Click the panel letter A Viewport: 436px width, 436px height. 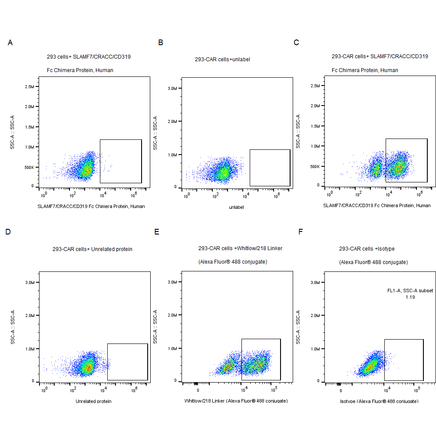(10, 43)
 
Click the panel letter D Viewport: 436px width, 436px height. (8, 232)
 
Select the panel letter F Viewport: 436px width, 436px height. (301, 232)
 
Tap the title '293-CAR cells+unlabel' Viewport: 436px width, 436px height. (222, 59)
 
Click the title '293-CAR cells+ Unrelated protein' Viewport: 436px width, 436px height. (92, 249)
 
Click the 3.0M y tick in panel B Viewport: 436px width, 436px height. (172, 89)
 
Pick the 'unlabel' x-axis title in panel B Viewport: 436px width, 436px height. (236, 207)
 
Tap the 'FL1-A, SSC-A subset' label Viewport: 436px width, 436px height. (410, 291)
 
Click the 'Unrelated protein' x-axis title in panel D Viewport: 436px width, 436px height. (93, 401)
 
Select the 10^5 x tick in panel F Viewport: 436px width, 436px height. (416, 389)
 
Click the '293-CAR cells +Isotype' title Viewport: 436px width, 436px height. (363, 249)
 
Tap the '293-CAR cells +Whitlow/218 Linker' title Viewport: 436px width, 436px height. (240, 248)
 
